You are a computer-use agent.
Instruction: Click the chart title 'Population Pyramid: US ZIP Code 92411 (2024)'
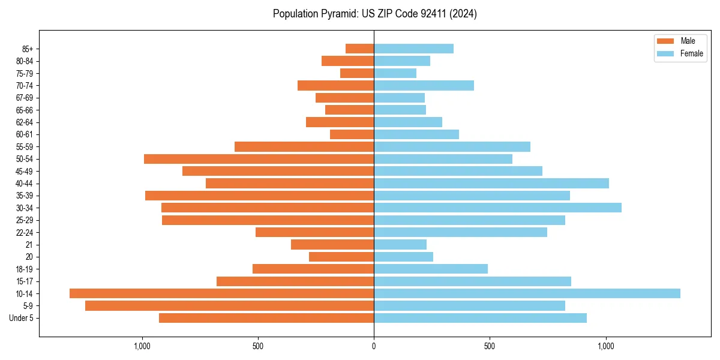374,14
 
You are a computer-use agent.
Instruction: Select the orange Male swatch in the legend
665,41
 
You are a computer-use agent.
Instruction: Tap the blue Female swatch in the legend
665,53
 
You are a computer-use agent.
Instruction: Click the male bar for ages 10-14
221,293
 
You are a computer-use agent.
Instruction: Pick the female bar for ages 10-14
527,293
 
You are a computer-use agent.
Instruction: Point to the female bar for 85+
413,49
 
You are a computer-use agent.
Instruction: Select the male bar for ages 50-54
259,159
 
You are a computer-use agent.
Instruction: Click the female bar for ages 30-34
497,208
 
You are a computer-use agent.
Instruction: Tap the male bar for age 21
332,245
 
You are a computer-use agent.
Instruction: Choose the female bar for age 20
403,257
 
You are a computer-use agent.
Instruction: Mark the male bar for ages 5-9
229,306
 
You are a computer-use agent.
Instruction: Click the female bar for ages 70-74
424,86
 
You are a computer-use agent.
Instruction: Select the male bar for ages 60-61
352,134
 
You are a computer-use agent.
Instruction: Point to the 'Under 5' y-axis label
22,318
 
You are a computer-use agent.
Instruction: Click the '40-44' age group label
25,184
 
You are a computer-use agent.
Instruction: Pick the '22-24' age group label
25,232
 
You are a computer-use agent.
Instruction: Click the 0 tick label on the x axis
374,346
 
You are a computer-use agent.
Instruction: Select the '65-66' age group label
25,110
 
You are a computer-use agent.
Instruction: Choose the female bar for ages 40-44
491,184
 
